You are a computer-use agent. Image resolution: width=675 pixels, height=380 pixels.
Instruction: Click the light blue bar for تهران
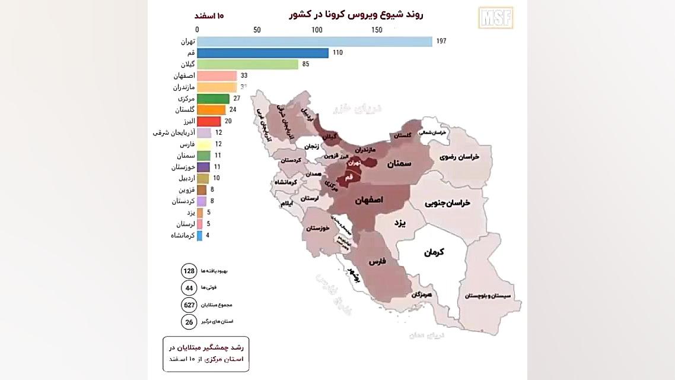[314, 42]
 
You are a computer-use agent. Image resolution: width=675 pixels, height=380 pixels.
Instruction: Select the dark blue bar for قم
[262, 53]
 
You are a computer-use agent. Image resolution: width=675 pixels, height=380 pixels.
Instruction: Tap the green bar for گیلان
[247, 64]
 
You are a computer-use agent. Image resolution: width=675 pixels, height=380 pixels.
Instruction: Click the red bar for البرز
[209, 121]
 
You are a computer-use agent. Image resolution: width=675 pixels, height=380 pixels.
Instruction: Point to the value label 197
[440, 42]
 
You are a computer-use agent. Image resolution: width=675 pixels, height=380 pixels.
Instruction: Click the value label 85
[305, 64]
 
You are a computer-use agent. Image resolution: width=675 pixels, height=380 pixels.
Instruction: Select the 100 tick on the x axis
[317, 30]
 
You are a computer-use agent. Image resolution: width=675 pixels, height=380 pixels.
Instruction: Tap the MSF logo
[495, 18]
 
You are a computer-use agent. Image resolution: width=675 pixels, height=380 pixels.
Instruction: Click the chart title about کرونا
[356, 14]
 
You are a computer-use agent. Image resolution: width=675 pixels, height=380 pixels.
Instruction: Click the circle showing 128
[189, 271]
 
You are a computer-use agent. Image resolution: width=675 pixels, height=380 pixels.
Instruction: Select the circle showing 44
[189, 288]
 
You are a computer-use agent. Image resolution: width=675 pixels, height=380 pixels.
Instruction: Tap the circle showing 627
[189, 305]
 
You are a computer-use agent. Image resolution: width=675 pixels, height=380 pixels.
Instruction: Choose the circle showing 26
[189, 321]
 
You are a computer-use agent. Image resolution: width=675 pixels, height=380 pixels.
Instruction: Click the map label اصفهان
[369, 201]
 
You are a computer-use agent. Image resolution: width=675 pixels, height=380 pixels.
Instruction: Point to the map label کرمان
[434, 252]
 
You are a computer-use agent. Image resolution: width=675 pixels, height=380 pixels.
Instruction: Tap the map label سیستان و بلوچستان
[489, 296]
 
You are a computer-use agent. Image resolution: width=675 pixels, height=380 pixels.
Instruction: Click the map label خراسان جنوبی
[447, 203]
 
